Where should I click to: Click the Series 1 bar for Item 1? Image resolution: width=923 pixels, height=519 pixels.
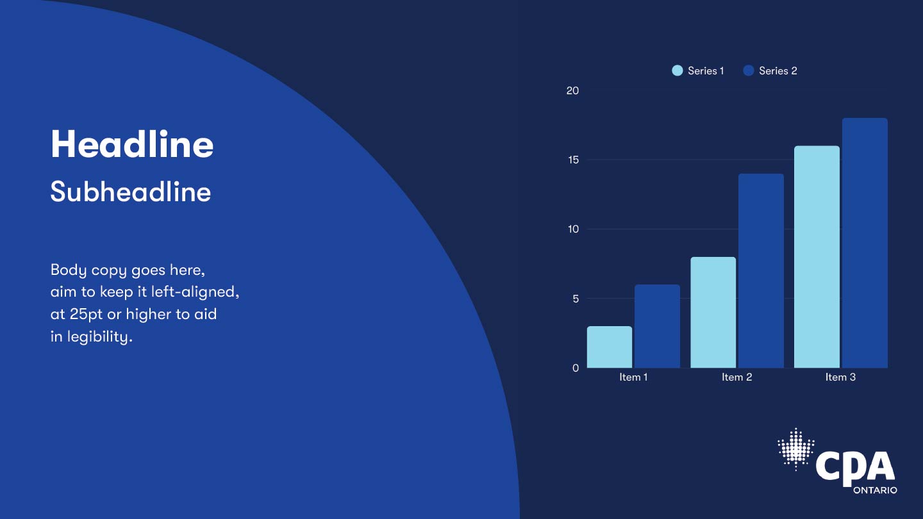pyautogui.click(x=610, y=347)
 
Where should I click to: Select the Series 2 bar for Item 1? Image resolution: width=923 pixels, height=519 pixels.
pyautogui.click(x=657, y=326)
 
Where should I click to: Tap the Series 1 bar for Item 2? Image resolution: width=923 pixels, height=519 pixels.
pyautogui.click(x=713, y=312)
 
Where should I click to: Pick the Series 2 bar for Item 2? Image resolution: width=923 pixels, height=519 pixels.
pyautogui.click(x=761, y=270)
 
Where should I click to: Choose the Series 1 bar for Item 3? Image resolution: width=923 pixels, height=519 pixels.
pyautogui.click(x=817, y=256)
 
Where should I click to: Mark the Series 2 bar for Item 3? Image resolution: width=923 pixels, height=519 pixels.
pyautogui.click(x=865, y=243)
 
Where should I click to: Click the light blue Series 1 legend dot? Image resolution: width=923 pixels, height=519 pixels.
pyautogui.click(x=678, y=70)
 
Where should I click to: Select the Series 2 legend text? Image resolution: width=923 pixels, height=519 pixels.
pyautogui.click(x=778, y=71)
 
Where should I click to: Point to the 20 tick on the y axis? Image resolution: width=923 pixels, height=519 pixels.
pyautogui.click(x=572, y=90)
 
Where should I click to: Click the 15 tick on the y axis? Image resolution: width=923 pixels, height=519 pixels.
pyautogui.click(x=573, y=160)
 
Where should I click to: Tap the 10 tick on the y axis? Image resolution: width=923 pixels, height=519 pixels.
pyautogui.click(x=573, y=229)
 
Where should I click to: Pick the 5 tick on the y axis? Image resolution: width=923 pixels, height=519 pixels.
pyautogui.click(x=576, y=299)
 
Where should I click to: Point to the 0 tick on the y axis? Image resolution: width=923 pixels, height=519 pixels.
pyautogui.click(x=576, y=368)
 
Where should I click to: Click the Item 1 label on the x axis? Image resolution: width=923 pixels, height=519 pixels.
pyautogui.click(x=633, y=377)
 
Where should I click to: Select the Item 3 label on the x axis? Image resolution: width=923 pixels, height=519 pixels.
pyautogui.click(x=840, y=377)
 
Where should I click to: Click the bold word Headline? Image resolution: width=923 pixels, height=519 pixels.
pyautogui.click(x=132, y=144)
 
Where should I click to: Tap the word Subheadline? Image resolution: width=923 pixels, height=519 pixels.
pyautogui.click(x=131, y=192)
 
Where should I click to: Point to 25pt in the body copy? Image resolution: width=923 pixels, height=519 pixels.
pyautogui.click(x=86, y=315)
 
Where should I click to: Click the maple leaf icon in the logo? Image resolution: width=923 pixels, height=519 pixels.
pyautogui.click(x=796, y=449)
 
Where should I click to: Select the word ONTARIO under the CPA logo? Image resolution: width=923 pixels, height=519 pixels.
pyautogui.click(x=875, y=490)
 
